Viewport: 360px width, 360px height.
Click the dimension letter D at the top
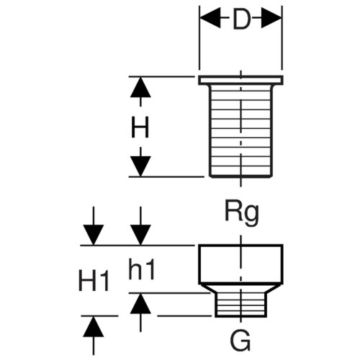242,19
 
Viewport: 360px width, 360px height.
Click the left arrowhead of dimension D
210,17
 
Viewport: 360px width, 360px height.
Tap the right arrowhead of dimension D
271,17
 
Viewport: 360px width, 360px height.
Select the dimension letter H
140,127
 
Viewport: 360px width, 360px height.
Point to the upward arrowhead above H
140,87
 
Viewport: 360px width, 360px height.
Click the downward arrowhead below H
140,166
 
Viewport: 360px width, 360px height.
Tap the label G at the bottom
240,341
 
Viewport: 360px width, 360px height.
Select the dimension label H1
94,281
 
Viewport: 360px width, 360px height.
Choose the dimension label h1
141,270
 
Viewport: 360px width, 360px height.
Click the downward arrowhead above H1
94,235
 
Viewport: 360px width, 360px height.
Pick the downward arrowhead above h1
140,235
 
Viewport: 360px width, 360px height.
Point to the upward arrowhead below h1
140,304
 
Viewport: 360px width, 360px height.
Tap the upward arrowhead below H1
94,327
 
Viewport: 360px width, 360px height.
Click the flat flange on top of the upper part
240,80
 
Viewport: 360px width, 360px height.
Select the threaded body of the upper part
241,131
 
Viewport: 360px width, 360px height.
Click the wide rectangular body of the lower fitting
240,264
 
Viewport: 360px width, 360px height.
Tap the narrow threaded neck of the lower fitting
240,305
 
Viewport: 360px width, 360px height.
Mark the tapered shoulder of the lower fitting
240,289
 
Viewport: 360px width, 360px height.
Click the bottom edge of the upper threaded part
241,177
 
